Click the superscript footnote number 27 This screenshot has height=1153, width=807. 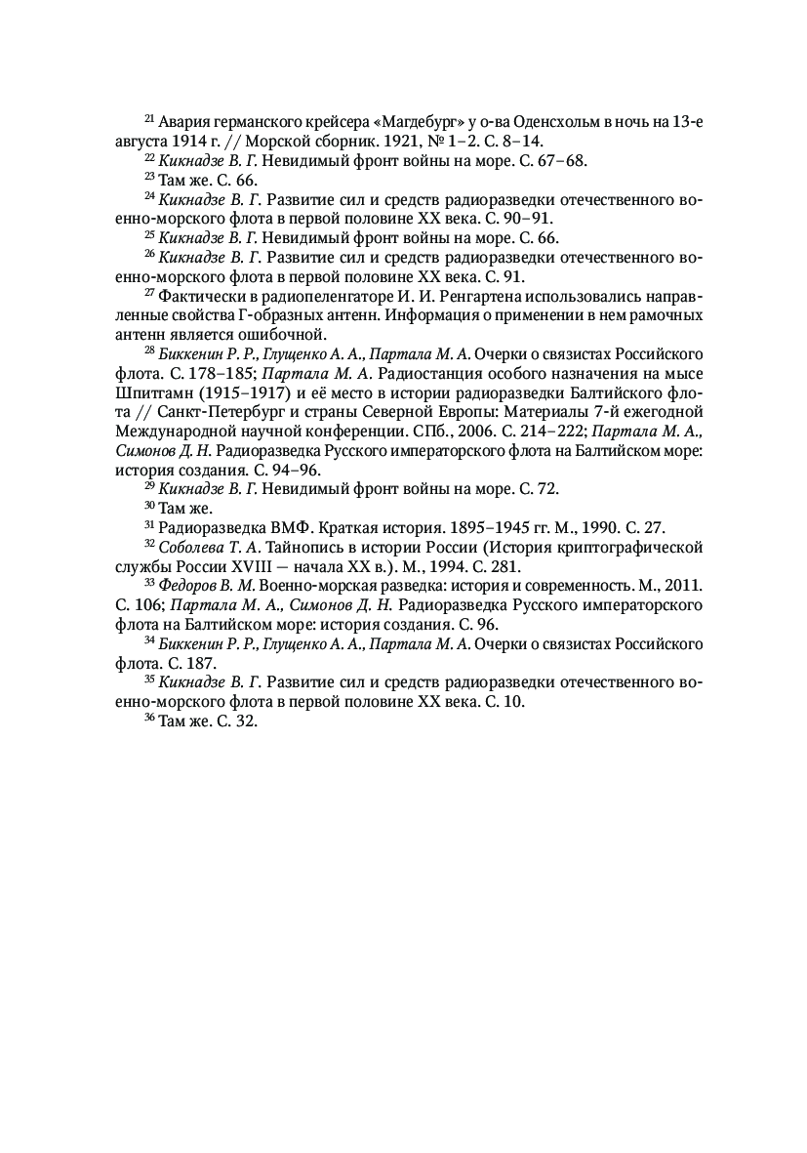click(x=149, y=292)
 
